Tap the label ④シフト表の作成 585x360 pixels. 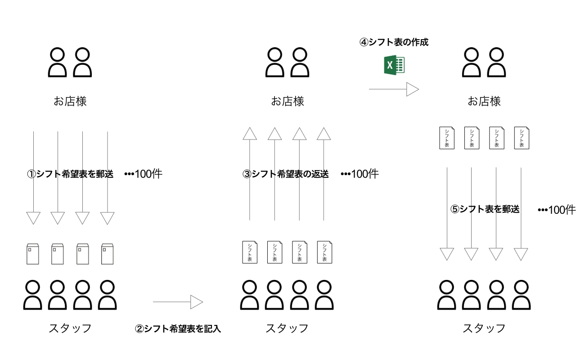pos(394,42)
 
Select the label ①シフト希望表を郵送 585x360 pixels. pos(70,174)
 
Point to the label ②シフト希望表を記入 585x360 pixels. pos(178,328)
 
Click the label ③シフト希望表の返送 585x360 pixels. pos(285,174)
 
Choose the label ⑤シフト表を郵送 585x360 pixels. pos(485,209)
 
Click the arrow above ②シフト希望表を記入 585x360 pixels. pos(178,302)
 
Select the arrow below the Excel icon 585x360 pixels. pos(394,90)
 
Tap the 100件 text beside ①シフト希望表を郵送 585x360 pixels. pos(143,174)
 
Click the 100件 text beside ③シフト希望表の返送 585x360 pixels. pos(360,174)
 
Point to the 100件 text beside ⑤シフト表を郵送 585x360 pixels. pos(557,210)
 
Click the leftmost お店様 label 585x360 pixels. pos(70,101)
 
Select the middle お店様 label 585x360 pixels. pos(288,101)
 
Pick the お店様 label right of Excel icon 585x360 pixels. pos(484,101)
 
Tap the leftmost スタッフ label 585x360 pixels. pos(70,328)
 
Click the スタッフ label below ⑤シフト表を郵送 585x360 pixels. pos(484,328)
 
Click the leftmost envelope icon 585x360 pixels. pos(33,254)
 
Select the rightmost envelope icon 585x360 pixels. pos(108,254)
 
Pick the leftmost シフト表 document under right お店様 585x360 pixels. pos(447,138)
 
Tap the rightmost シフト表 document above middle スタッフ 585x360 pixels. pos(324,252)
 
